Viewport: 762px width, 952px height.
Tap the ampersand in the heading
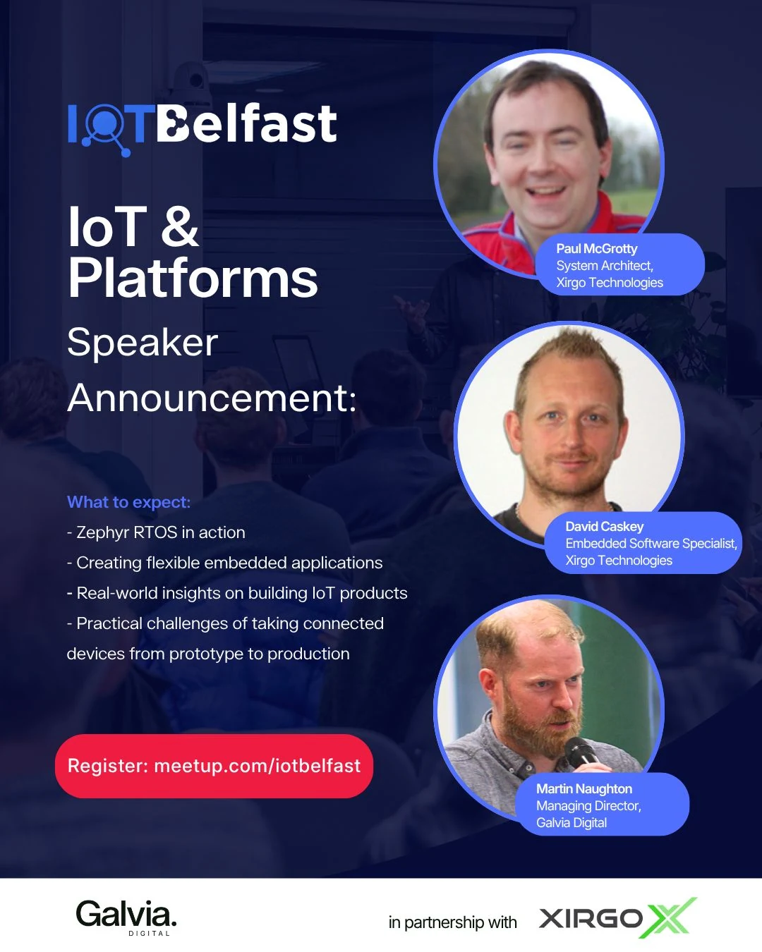pyautogui.click(x=180, y=226)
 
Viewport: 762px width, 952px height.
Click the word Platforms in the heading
pyautogui.click(x=193, y=279)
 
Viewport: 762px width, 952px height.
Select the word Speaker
pyautogui.click(x=143, y=343)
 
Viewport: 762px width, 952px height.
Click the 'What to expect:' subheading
pyautogui.click(x=129, y=502)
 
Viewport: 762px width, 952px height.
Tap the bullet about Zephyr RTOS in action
pyautogui.click(x=156, y=532)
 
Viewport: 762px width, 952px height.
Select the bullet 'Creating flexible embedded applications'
pyautogui.click(x=225, y=563)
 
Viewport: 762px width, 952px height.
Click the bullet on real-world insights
pyautogui.click(x=237, y=593)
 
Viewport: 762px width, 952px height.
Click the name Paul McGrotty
pyautogui.click(x=597, y=249)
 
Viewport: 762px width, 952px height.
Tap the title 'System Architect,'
pyautogui.click(x=605, y=265)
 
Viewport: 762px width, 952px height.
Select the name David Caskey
pyautogui.click(x=605, y=527)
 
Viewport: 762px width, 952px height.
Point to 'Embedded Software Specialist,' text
pyautogui.click(x=651, y=543)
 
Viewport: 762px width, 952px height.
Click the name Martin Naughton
pyautogui.click(x=584, y=789)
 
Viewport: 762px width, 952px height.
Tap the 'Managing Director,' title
pyautogui.click(x=588, y=805)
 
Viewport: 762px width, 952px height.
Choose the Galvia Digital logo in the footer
pyautogui.click(x=126, y=917)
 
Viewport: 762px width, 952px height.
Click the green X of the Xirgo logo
pyautogui.click(x=672, y=917)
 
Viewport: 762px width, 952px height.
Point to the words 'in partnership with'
pyautogui.click(x=452, y=923)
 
